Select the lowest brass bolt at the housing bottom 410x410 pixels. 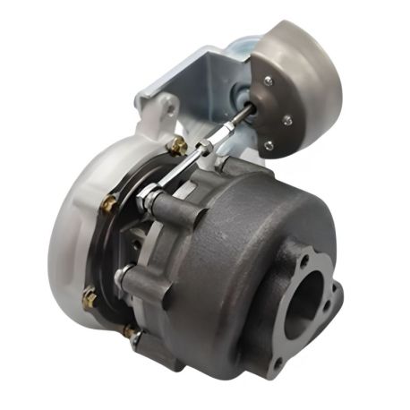pyautogui.click(x=131, y=332)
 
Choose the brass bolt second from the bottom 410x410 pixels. pyautogui.click(x=90, y=295)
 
